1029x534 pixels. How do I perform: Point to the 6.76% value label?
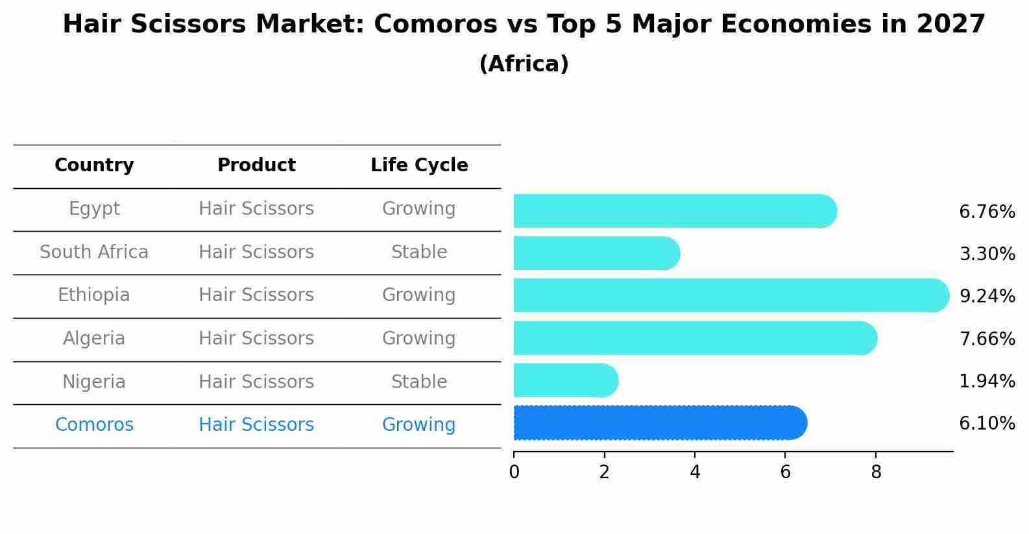click(x=987, y=212)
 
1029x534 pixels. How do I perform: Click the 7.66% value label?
click(x=987, y=339)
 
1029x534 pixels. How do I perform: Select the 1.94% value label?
click(x=987, y=382)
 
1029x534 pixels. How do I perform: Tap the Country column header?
click(x=94, y=165)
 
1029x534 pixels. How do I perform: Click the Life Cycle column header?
click(x=419, y=165)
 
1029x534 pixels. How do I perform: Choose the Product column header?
click(x=256, y=165)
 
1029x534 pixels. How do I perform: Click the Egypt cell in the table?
click(x=94, y=209)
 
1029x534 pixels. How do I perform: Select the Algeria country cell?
click(x=94, y=339)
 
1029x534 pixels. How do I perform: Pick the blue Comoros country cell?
click(x=94, y=425)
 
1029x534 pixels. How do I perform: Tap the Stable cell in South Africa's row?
click(x=419, y=252)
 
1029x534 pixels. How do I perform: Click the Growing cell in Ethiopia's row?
click(x=419, y=295)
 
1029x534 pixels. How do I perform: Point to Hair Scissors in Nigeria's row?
click(x=256, y=382)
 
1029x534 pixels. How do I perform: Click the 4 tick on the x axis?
click(x=695, y=472)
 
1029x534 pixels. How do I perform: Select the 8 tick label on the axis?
click(x=876, y=472)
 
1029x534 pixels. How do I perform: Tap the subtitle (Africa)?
click(x=524, y=64)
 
